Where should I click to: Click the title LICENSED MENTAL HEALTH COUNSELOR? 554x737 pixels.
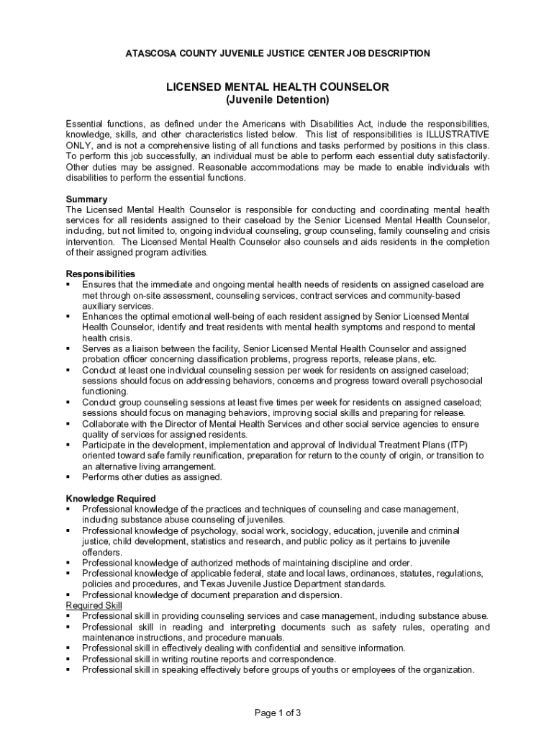(278, 87)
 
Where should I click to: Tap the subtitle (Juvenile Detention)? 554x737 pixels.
(278, 99)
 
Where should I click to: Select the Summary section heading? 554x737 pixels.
(86, 199)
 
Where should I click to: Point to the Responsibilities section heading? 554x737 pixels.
(100, 273)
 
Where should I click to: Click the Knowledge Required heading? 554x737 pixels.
(111, 498)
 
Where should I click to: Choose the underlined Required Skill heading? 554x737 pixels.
(94, 605)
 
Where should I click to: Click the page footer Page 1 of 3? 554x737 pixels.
(278, 713)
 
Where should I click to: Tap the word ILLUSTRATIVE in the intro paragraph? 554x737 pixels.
(457, 135)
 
